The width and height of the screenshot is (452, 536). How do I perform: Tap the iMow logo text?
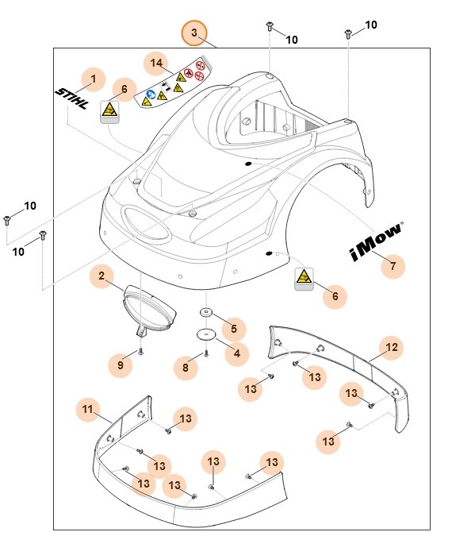click(376, 241)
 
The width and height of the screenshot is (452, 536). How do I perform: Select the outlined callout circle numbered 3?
click(195, 33)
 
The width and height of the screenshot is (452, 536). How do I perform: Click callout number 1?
click(94, 79)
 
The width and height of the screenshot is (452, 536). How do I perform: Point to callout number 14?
click(156, 62)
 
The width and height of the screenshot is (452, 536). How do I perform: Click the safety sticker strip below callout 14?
click(175, 86)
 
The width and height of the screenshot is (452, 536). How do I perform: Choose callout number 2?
click(102, 276)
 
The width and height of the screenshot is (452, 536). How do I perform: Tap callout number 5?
click(232, 327)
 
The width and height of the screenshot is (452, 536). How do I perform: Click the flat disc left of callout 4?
click(205, 336)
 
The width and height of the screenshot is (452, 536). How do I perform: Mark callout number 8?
click(186, 367)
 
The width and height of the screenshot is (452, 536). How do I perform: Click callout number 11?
click(89, 410)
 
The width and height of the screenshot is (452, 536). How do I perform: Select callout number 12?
click(392, 347)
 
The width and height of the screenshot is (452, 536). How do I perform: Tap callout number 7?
click(392, 266)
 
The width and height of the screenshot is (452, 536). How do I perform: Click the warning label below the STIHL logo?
click(109, 112)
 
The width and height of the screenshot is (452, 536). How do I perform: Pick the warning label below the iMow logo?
click(303, 279)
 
